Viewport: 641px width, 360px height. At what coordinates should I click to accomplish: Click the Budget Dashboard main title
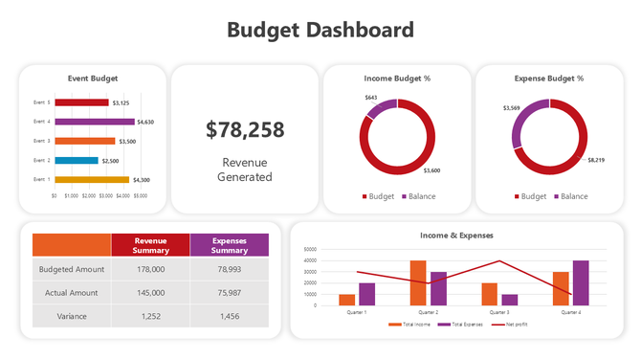point(320,30)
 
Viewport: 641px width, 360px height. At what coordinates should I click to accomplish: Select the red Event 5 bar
point(82,102)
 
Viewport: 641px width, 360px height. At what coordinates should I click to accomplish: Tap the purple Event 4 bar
point(94,122)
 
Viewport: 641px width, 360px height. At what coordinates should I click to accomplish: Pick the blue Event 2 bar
point(76,160)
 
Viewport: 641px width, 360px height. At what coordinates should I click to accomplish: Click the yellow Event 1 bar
point(91,179)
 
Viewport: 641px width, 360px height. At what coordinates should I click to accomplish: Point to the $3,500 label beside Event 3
point(127,142)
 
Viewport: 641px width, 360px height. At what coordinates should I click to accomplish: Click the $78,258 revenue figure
point(245,130)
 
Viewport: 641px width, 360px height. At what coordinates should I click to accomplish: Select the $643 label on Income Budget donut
point(371,98)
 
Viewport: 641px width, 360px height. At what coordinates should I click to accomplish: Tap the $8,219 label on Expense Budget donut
point(596,160)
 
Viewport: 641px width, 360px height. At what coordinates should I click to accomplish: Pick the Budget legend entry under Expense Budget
point(530,196)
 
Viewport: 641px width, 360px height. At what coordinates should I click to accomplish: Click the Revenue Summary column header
point(150,245)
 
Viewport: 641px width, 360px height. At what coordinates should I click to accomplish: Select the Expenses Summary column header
point(229,245)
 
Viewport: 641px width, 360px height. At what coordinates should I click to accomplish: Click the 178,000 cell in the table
point(150,270)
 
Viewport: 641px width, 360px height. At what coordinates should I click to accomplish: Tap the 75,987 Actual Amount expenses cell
point(229,293)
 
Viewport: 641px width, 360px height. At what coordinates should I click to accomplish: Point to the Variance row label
point(72,316)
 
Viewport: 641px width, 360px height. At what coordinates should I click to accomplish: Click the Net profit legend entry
point(514,325)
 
